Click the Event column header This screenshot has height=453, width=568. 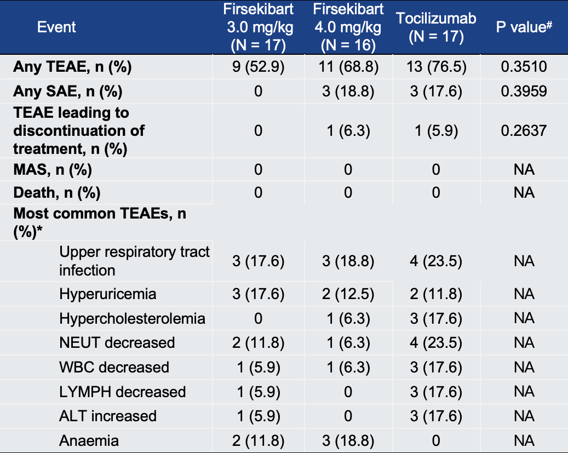pyautogui.click(x=56, y=26)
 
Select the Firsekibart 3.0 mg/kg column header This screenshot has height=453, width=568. pyautogui.click(x=258, y=26)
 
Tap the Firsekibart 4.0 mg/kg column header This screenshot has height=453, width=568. pyautogui.click(x=348, y=26)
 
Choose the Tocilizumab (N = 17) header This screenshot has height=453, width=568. pyautogui.click(x=436, y=26)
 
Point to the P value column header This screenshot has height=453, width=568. pyautogui.click(x=523, y=27)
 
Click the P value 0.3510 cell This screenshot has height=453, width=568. pyautogui.click(x=524, y=67)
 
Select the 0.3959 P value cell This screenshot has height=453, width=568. pyautogui.click(x=524, y=91)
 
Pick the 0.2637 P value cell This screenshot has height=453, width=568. pyautogui.click(x=524, y=130)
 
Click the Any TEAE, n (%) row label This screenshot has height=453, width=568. pyautogui.click(x=73, y=67)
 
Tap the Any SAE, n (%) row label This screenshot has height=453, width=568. pyautogui.click(x=68, y=91)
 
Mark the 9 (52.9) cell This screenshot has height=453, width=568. pyautogui.click(x=258, y=67)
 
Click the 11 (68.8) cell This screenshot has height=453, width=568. pyautogui.click(x=348, y=67)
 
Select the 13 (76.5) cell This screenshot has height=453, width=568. pyautogui.click(x=436, y=67)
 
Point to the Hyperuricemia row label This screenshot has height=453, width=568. pyautogui.click(x=108, y=294)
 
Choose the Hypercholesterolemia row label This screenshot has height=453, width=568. pyautogui.click(x=133, y=318)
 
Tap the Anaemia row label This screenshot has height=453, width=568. pyautogui.click(x=89, y=440)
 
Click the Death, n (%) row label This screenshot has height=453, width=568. pyautogui.click(x=57, y=193)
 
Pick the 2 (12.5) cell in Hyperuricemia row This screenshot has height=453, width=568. pyautogui.click(x=348, y=294)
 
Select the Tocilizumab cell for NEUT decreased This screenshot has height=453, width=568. pyautogui.click(x=436, y=343)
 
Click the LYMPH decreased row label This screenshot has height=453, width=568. pyautogui.click(x=123, y=392)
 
